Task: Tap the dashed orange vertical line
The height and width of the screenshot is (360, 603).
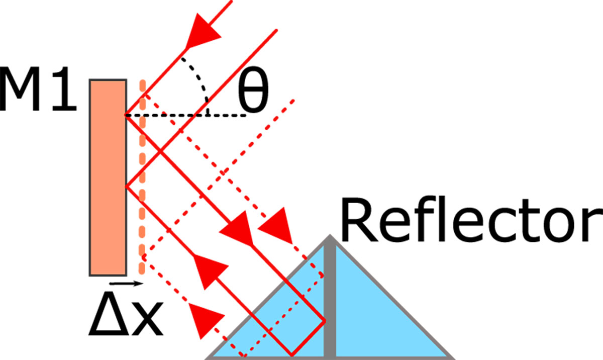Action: click(143, 201)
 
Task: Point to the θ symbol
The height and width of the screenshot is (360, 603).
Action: click(253, 96)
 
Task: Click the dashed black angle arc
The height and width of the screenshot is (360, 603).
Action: click(199, 80)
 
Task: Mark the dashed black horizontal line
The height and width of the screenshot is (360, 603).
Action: click(201, 116)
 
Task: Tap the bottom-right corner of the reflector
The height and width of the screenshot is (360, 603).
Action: click(450, 357)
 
